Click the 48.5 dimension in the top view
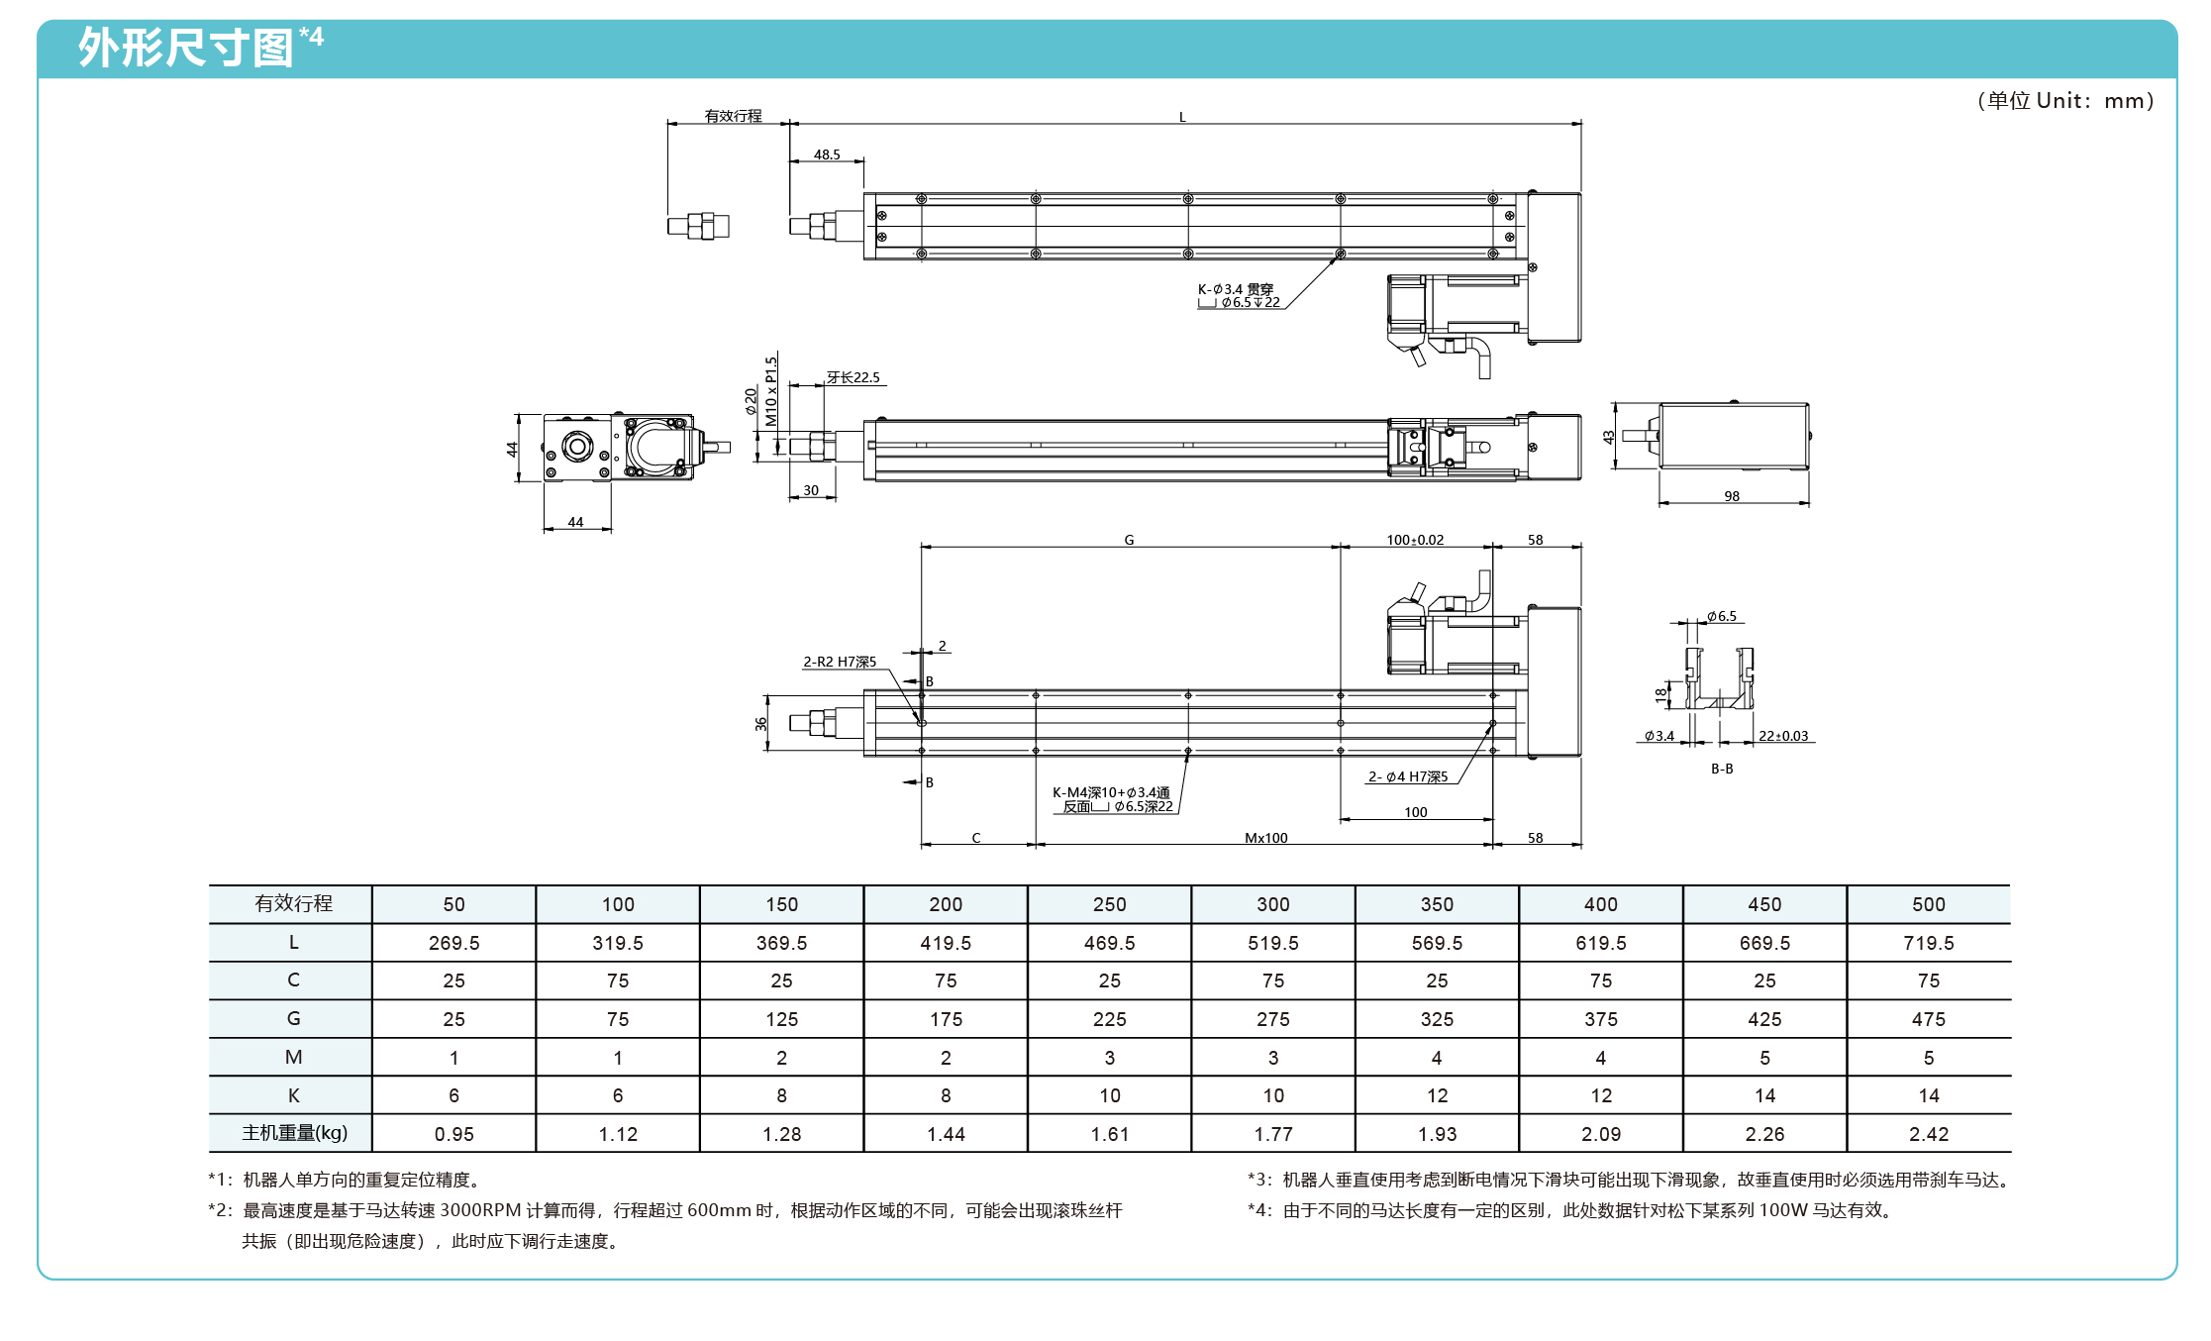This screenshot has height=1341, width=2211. [x=827, y=155]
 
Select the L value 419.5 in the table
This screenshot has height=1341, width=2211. [x=946, y=943]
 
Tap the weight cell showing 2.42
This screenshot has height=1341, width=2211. [x=1928, y=1134]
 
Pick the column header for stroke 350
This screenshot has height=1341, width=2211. [x=1437, y=904]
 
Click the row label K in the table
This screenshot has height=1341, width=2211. [x=293, y=1095]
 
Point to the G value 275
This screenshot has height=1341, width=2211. [x=1273, y=1019]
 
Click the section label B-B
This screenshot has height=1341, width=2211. [x=1722, y=769]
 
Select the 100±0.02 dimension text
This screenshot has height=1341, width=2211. [x=1415, y=540]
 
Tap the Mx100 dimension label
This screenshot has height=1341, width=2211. [x=1265, y=838]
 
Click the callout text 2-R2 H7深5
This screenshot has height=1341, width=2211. [x=840, y=662]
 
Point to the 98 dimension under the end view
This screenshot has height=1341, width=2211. [x=1732, y=496]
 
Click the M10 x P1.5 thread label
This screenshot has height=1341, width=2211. [x=771, y=391]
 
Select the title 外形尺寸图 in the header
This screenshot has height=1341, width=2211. [x=186, y=48]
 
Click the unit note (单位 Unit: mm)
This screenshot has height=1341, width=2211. [x=2065, y=101]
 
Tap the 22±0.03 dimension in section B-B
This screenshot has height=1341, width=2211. [x=1783, y=736]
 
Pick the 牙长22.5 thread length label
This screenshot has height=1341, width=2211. [x=853, y=377]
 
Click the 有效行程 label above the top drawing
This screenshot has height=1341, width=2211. [x=733, y=116]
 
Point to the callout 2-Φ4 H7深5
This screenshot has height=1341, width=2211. [x=1408, y=776]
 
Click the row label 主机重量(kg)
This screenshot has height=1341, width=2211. [x=294, y=1133]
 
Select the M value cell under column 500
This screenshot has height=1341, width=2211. [x=1928, y=1058]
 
